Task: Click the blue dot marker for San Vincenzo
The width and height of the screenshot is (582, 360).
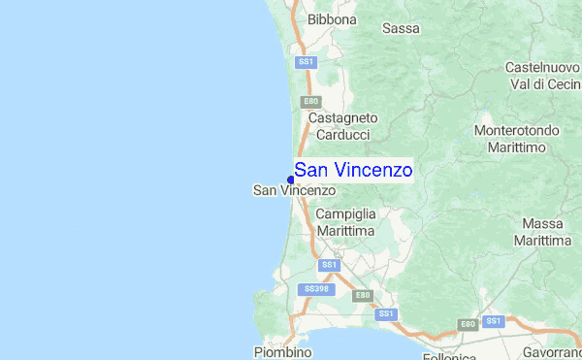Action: point(291,179)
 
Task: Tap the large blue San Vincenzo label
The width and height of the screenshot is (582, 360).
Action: point(353,171)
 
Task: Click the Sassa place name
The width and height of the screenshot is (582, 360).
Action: point(401,29)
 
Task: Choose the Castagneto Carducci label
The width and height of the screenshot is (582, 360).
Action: point(342,126)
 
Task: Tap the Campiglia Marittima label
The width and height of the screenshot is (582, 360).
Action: point(345,222)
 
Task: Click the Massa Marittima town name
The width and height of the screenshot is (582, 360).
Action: point(541,232)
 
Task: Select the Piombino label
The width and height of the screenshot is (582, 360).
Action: point(282,352)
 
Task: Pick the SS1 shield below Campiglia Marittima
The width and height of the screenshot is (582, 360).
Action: point(330,264)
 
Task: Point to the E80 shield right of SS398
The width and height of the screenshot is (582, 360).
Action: point(362,295)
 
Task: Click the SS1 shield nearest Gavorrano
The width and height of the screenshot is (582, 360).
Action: point(495,320)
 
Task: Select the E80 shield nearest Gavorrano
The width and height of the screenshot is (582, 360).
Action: point(468,324)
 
